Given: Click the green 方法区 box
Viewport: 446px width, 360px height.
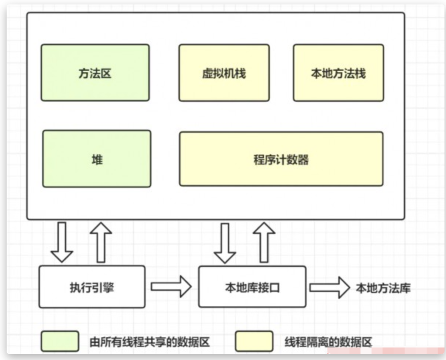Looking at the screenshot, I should [95, 73].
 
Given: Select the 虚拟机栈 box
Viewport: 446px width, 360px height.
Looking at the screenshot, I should [224, 73].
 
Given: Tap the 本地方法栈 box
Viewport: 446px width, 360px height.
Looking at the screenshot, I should [338, 73].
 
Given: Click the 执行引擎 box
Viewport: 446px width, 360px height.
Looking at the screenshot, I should [92, 287].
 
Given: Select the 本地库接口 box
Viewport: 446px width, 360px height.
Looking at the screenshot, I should [252, 287].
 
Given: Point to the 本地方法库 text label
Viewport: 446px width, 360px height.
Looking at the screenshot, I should [383, 288].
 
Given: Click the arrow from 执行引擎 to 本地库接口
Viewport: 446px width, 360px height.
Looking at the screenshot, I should [171, 286].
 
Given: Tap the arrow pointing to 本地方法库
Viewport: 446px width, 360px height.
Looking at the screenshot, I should [330, 287].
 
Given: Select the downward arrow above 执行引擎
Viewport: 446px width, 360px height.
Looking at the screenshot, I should [62, 242].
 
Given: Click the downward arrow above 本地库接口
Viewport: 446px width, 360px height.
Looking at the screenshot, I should [225, 243].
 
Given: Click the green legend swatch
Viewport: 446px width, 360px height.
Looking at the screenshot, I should [60, 341].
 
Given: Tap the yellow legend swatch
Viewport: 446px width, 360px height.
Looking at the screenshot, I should [254, 341].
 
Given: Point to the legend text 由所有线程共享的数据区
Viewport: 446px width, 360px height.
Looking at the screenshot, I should [150, 342].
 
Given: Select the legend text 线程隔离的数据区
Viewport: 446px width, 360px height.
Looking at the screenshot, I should [328, 342].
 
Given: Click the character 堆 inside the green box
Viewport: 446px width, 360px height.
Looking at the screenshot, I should [97, 160].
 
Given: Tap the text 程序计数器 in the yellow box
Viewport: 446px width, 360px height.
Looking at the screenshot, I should [281, 160].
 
